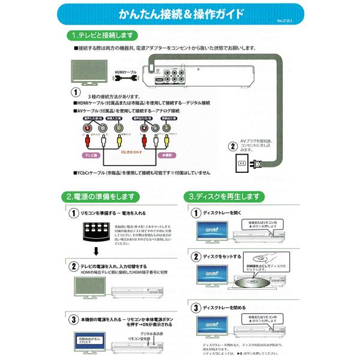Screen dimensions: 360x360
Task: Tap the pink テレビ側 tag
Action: [91, 154]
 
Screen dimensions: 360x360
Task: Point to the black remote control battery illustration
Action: [97, 231]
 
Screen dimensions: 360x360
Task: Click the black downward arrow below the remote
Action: [97, 253]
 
